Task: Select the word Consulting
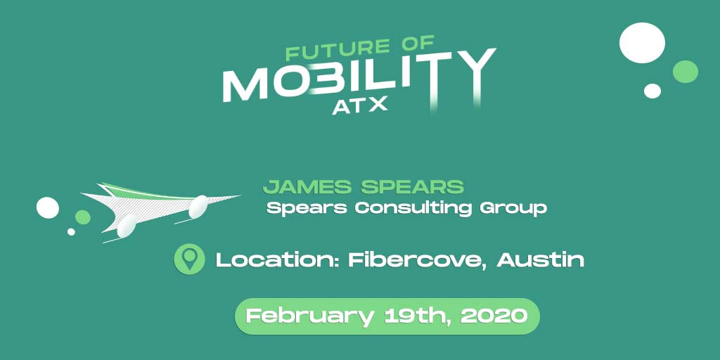point(413,209)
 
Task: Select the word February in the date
point(309,316)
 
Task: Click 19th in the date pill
point(416,316)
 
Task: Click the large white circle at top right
point(642,43)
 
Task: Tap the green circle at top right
point(685,72)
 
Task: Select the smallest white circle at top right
point(652,91)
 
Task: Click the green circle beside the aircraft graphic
point(83,217)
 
